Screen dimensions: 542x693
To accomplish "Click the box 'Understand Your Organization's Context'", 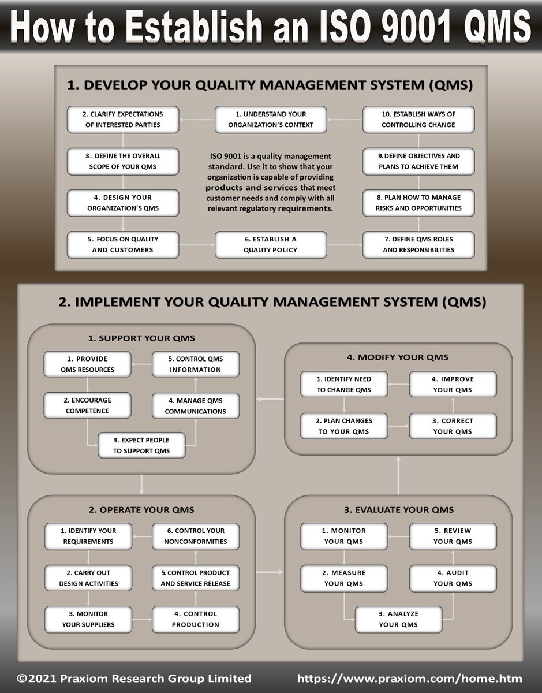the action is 271,120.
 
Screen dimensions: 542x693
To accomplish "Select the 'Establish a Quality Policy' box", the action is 271,245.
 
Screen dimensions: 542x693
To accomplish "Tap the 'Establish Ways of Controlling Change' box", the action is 418,120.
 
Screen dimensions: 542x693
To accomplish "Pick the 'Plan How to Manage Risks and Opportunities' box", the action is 418,203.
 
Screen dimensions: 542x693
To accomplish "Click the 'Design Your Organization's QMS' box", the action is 123,203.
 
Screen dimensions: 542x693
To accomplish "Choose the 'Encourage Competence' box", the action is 87,405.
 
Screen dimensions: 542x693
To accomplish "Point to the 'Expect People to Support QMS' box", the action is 141,445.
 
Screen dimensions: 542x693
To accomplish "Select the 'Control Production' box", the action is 196,619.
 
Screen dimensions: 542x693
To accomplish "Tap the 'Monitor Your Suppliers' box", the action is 88,619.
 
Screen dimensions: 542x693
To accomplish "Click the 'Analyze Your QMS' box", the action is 398,619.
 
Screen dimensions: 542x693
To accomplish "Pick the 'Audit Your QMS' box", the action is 453,578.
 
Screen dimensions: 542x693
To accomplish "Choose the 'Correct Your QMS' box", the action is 453,426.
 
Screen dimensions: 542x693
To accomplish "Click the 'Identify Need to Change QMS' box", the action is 344,385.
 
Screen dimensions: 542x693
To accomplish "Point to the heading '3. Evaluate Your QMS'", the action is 398,510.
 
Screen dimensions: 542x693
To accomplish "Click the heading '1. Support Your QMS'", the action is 141,338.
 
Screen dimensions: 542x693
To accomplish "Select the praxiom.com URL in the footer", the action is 410,679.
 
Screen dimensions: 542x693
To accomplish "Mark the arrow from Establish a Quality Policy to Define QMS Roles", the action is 345,245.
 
